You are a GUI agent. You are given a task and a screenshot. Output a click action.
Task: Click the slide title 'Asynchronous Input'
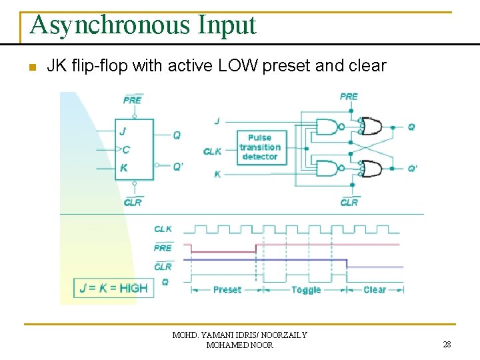pos(143,25)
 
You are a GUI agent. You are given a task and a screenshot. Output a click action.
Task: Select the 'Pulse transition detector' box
pos(259,147)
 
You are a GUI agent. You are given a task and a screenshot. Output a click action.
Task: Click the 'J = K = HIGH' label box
pos(113,288)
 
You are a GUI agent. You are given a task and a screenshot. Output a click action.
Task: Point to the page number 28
pos(447,345)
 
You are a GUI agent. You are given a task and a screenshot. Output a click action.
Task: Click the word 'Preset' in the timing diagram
pos(227,290)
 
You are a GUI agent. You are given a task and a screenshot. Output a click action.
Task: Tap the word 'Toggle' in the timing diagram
pos(306,290)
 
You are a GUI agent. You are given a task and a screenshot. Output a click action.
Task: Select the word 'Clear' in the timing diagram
pos(374,290)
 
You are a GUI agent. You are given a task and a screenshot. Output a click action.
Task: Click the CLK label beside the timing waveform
pos(163,229)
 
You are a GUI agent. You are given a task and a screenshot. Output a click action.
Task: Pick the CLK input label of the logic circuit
pos(213,151)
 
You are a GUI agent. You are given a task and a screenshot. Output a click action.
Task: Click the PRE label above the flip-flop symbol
pos(133,100)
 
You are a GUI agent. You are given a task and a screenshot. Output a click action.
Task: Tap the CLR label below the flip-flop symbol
pos(133,202)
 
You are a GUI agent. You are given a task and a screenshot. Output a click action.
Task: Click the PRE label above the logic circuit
pos(349,97)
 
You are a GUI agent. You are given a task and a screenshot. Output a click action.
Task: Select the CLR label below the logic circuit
pos(349,202)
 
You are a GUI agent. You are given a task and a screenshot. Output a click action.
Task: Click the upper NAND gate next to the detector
pos(327,127)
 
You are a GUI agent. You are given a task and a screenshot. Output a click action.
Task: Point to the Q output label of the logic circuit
pos(411,127)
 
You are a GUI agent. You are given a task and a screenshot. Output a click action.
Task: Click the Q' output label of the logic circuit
pos(413,169)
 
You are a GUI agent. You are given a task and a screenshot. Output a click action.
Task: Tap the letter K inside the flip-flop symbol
pos(124,169)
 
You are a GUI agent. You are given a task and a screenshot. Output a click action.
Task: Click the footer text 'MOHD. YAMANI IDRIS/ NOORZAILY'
pos(239,335)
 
